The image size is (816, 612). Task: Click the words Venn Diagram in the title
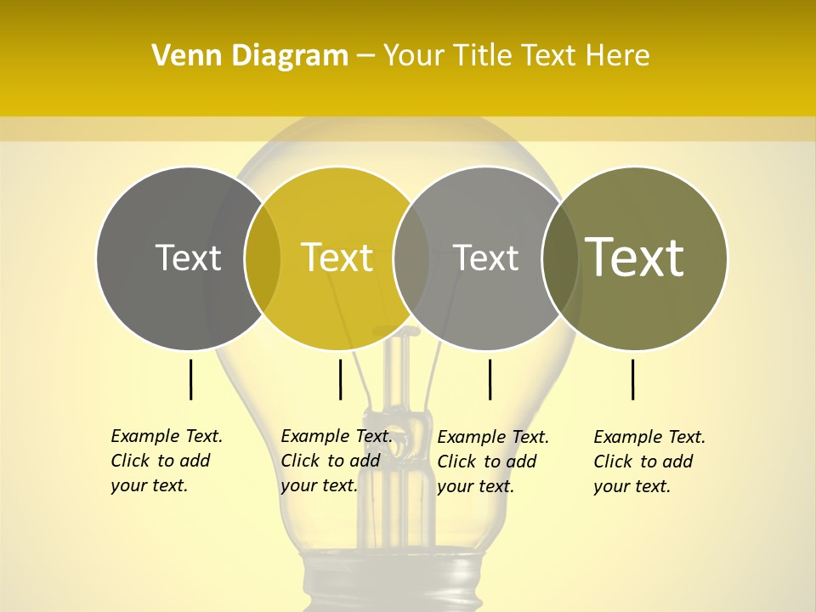(x=250, y=56)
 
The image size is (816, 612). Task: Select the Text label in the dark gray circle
(x=188, y=258)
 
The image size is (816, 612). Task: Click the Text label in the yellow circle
(x=337, y=258)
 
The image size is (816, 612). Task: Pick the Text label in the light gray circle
(x=485, y=258)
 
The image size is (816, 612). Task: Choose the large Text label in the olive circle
(x=634, y=257)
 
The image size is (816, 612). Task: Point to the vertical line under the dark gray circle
(x=190, y=379)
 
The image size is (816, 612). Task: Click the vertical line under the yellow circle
(x=340, y=379)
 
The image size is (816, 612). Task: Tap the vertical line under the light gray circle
(x=490, y=379)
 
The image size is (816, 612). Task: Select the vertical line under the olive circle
(x=633, y=379)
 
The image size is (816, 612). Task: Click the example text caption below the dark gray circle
(x=166, y=461)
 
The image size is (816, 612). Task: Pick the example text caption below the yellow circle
(x=336, y=461)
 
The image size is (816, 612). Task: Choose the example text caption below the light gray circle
(x=492, y=462)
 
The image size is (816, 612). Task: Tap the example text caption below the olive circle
(x=649, y=462)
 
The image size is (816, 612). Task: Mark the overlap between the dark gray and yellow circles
(x=263, y=258)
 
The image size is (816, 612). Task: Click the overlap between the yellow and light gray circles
(x=411, y=258)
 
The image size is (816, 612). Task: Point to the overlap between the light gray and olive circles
(x=561, y=258)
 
